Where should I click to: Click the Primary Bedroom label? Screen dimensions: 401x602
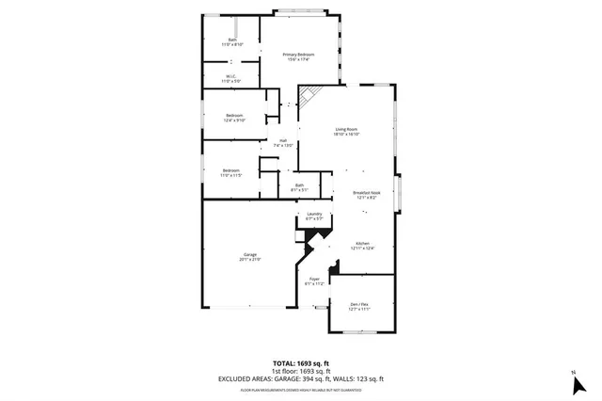[298, 56]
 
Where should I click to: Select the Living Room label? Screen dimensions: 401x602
[346, 131]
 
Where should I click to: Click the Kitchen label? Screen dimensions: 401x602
[362, 246]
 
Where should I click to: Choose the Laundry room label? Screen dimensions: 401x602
[315, 217]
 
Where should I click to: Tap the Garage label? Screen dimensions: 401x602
[250, 256]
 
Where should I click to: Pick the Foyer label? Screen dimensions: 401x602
[315, 281]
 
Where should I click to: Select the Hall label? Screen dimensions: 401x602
[283, 144]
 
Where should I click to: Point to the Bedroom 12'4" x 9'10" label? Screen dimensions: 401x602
[234, 118]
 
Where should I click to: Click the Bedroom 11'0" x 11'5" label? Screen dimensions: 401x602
[231, 173]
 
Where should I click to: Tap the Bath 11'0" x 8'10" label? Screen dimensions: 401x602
[232, 41]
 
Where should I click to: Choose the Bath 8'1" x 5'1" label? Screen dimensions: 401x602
[299, 187]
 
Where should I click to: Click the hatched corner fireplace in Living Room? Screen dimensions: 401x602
[311, 96]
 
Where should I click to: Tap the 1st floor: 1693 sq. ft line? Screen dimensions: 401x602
[300, 370]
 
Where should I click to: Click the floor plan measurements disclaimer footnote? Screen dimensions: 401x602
[300, 388]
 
